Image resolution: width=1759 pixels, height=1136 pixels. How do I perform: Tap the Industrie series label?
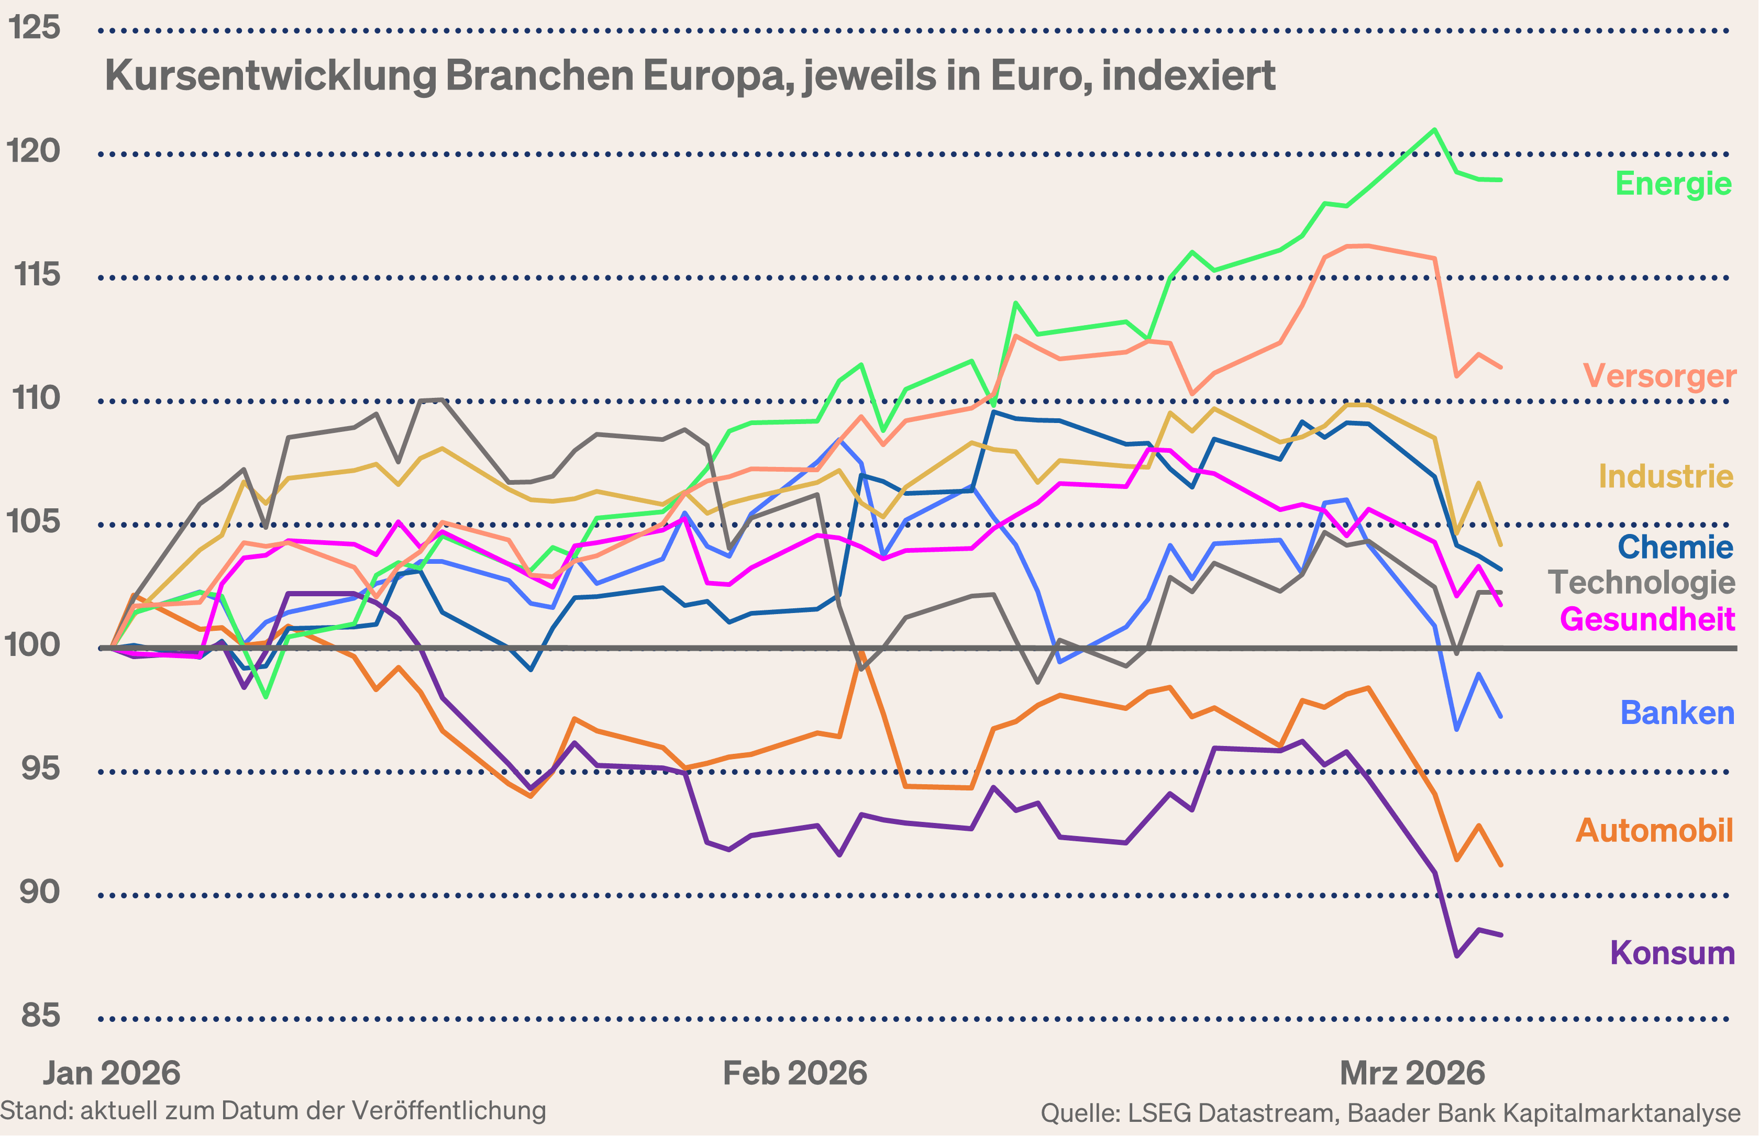pyautogui.click(x=1665, y=476)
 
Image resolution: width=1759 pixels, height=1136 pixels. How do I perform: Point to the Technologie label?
pyautogui.click(x=1641, y=582)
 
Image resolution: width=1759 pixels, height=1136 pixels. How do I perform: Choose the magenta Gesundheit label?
pyautogui.click(x=1647, y=618)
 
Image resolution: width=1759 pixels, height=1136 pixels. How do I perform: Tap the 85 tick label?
pyautogui.click(x=40, y=1015)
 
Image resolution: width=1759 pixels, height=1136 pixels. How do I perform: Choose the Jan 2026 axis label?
pyautogui.click(x=112, y=1073)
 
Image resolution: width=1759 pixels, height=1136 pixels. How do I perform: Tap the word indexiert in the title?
pyautogui.click(x=1188, y=75)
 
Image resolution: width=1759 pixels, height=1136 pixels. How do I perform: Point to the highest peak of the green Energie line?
pyautogui.click(x=1434, y=130)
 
